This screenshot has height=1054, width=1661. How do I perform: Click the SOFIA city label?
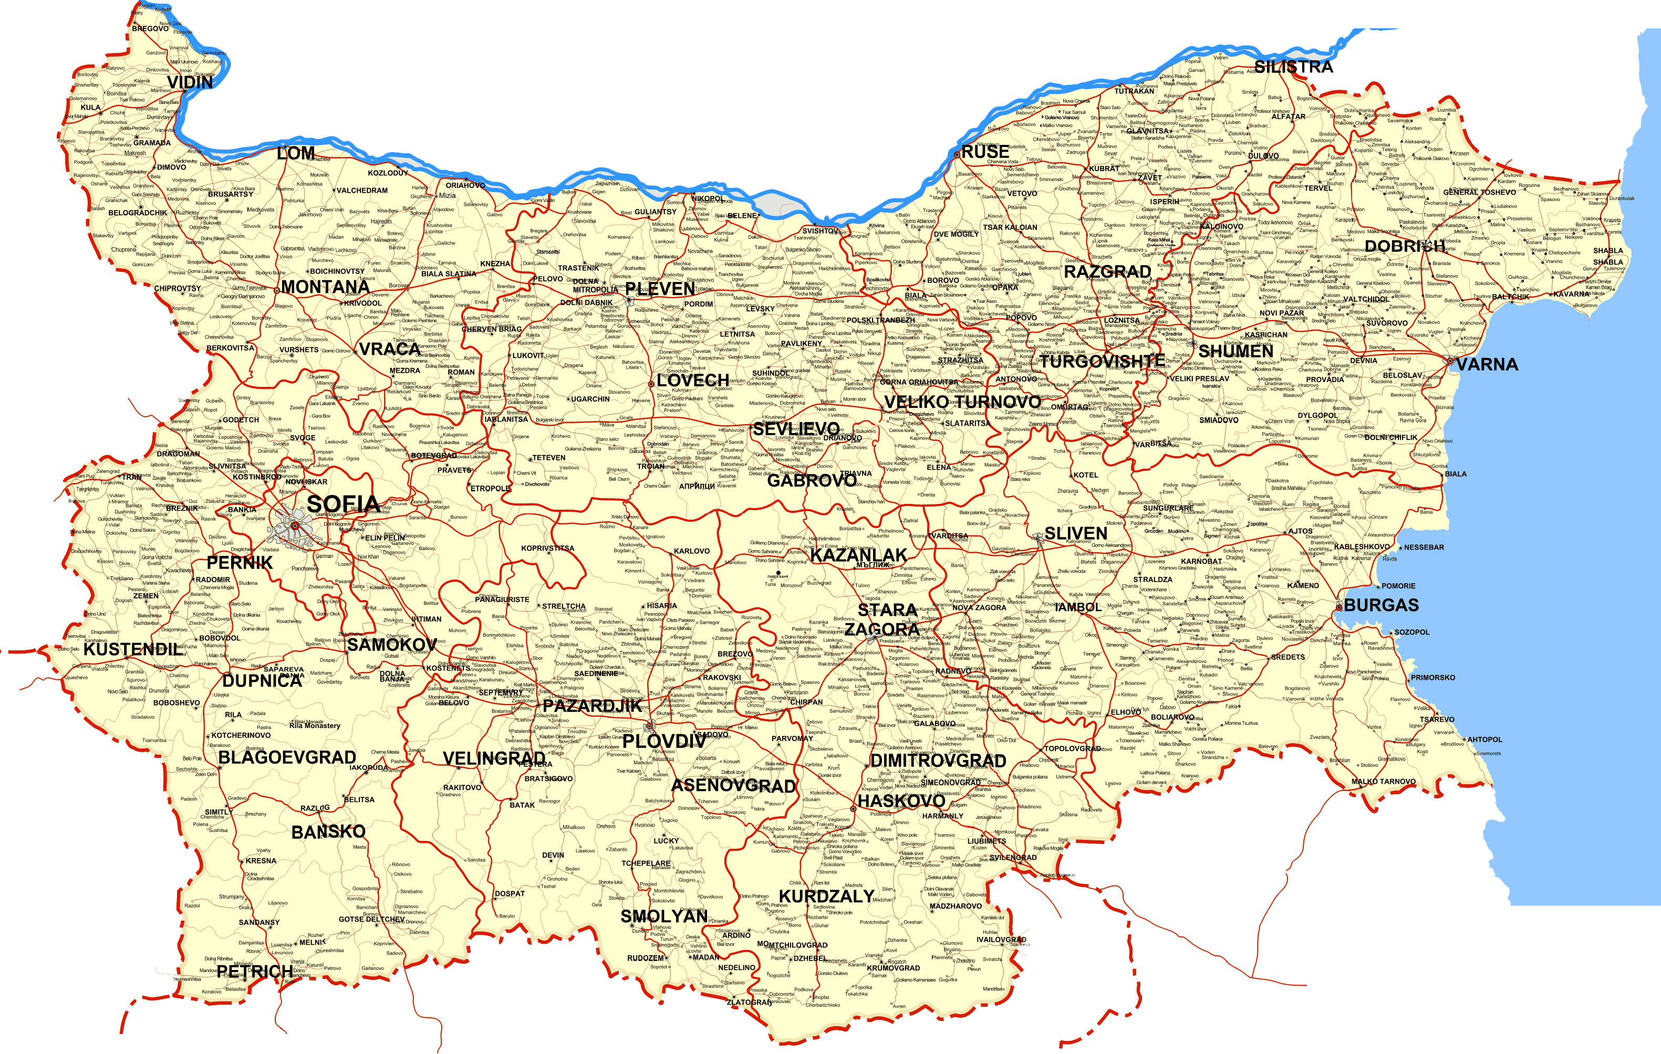[x=343, y=504]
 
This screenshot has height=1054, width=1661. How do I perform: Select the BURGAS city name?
[x=1381, y=605]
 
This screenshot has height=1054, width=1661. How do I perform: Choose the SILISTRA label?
[x=1293, y=67]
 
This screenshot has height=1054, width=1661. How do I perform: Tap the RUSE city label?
[x=985, y=152]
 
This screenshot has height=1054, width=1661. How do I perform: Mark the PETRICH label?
[x=255, y=972]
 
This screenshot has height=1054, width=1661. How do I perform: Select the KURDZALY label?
[x=826, y=896]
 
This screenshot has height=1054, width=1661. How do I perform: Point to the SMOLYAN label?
[x=663, y=916]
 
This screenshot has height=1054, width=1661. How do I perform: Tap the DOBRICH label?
[x=1405, y=246]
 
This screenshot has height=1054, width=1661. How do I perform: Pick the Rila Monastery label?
[x=315, y=725]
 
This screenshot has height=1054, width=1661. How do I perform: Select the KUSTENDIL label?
[x=133, y=649]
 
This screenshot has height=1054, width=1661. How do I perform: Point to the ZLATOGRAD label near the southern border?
[x=749, y=1003]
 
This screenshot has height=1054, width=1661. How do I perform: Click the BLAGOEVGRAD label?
[x=287, y=757]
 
